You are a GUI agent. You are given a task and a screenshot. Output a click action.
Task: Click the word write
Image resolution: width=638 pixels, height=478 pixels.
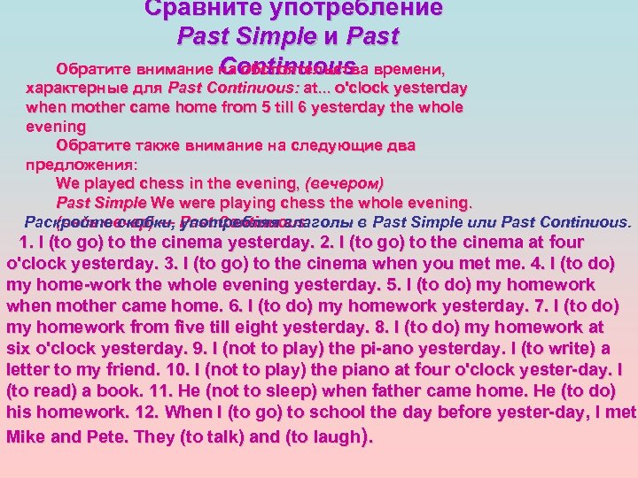coord(580,348)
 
